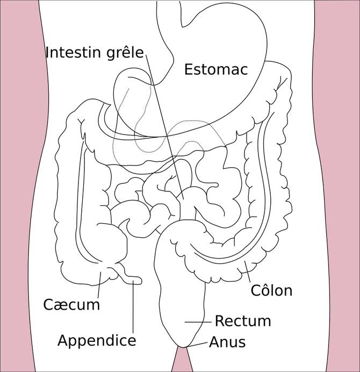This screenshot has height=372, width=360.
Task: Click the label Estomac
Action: point(216,69)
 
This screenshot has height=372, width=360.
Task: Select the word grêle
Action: point(125,53)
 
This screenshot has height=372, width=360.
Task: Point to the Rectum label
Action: point(243,321)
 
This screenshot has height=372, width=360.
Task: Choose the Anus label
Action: point(227,342)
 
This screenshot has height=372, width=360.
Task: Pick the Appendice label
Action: point(97,341)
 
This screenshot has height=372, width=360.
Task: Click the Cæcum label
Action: point(71,305)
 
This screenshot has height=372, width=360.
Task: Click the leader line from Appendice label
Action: point(133,306)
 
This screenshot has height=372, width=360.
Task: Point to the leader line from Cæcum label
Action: point(99,284)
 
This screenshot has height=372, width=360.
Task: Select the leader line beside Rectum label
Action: point(198,322)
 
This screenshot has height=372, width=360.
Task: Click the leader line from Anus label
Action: point(197,345)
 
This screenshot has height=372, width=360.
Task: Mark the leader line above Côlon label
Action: point(248,272)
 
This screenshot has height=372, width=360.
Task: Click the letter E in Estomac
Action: point(188,69)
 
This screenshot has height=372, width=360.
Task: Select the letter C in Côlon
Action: point(256,290)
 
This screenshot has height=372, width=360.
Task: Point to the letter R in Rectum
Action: point(219,321)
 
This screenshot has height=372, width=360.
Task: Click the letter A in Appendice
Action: point(63,340)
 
